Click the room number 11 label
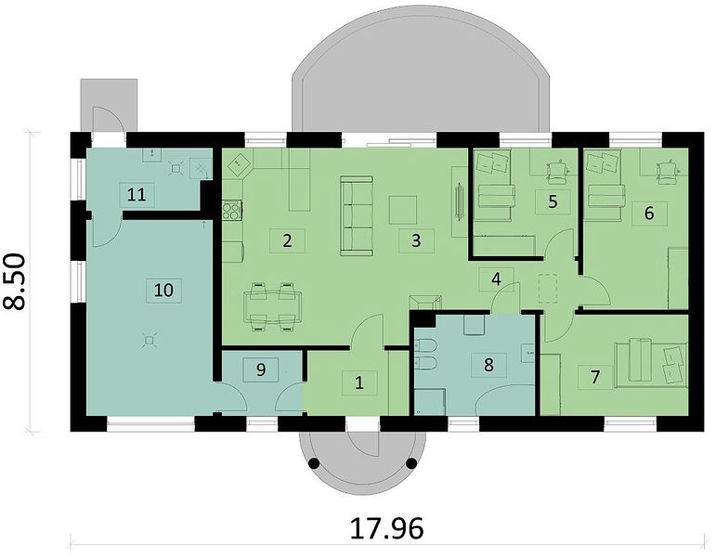pos(137,195)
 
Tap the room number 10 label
pos(164,290)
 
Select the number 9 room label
pos(261,369)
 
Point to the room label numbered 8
pos(488,365)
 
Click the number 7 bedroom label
pos(595,377)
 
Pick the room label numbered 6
pos(649,214)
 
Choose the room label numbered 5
pos(553,201)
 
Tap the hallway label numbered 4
pos(496,278)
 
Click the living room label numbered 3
pos(416,241)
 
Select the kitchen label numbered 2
pos(287,240)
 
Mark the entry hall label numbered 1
pos(359,382)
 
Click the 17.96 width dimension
pos(386,528)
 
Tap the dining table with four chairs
pos(273,306)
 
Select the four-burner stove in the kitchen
pos(232,210)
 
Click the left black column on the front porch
pos(314,463)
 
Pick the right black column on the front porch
pos(411,463)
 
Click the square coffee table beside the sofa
pos(403,210)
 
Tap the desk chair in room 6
pos(666,173)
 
